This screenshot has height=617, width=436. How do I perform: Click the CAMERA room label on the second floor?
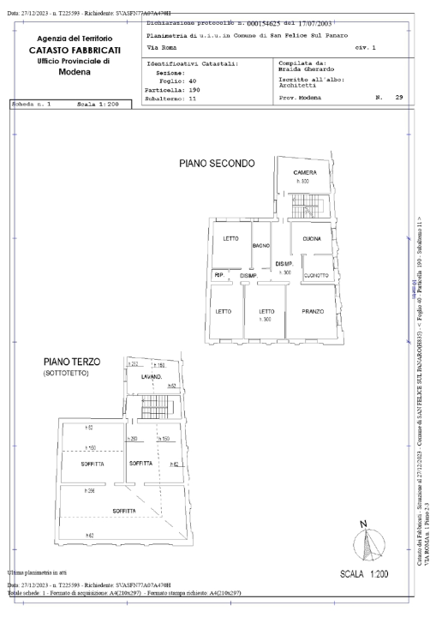[306, 172]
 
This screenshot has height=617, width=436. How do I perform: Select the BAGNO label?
[260, 246]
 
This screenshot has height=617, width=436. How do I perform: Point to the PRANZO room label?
[312, 311]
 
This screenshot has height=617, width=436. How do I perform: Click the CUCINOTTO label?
[317, 275]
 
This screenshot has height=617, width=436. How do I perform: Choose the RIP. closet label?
[218, 275]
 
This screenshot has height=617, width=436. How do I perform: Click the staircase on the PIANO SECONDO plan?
[301, 206]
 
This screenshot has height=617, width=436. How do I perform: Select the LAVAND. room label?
[152, 376]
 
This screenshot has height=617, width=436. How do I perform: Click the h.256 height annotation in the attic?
[89, 491]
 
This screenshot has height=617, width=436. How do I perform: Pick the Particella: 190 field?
[174, 87]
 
